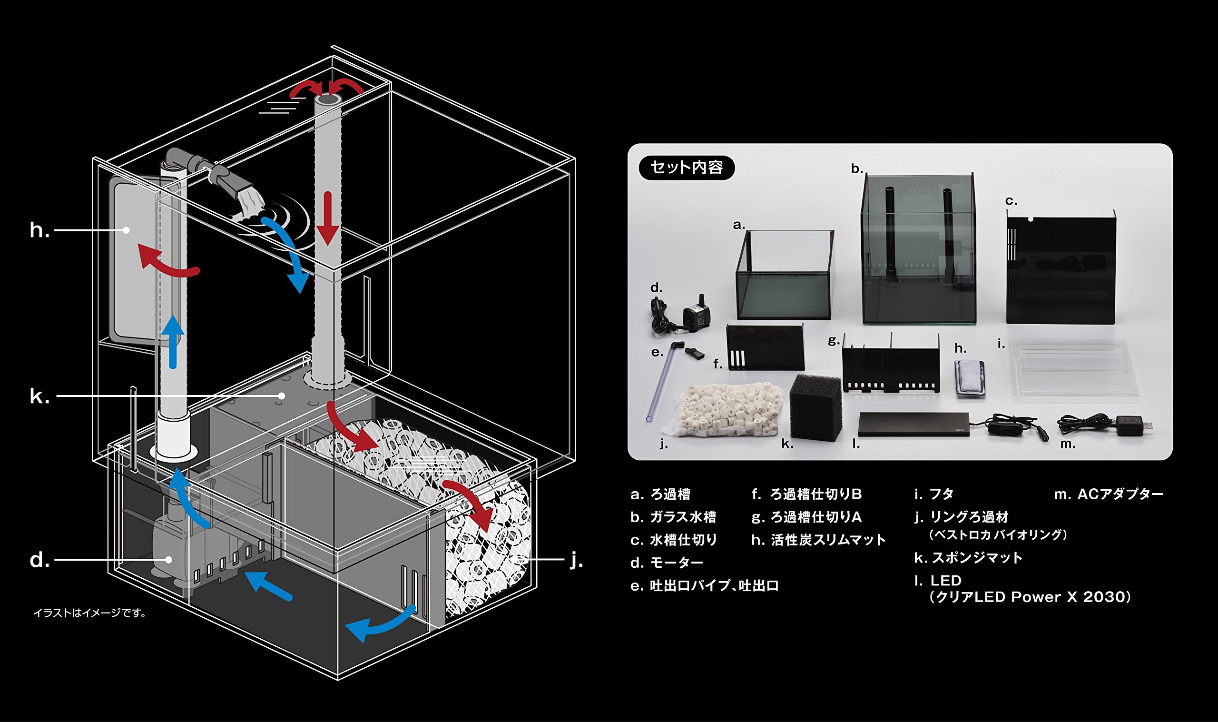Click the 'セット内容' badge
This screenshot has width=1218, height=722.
686,168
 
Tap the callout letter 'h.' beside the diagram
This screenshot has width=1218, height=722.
39,230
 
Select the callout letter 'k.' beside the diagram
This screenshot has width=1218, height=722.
39,396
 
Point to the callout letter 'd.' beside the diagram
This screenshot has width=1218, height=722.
39,560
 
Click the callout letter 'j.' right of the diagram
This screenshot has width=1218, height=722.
576,560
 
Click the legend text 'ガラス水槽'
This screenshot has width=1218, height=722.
683,517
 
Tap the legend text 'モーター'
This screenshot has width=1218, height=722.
677,563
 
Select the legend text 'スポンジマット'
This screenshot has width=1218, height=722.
977,558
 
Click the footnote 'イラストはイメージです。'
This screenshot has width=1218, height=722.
90,613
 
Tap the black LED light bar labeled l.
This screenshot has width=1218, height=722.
913,424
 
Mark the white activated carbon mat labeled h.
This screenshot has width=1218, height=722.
970,377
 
